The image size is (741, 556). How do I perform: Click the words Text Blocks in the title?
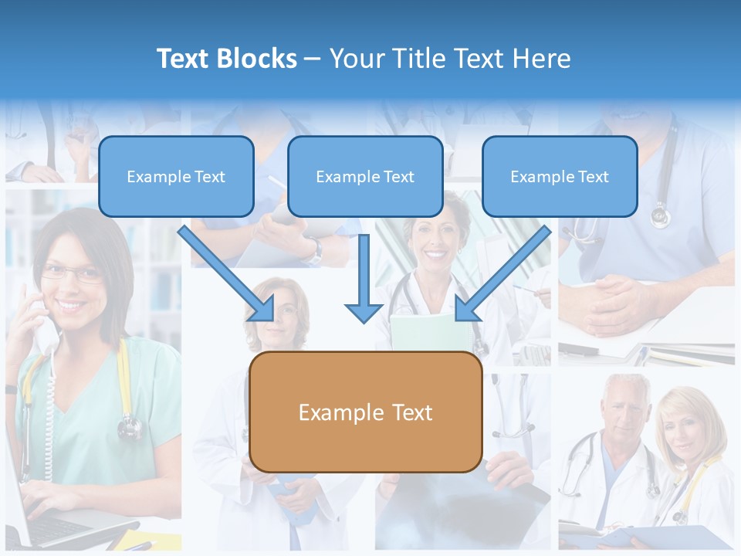tap(226, 59)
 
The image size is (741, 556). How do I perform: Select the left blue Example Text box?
tap(176, 177)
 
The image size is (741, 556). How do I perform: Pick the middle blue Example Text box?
tap(365, 177)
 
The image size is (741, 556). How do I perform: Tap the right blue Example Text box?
tap(560, 177)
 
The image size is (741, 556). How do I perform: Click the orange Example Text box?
tap(366, 412)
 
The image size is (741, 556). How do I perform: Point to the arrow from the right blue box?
tap(502, 275)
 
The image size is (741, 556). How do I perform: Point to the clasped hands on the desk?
tap(618, 306)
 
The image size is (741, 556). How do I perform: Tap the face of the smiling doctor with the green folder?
tap(434, 239)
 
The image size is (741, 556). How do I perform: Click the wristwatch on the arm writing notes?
tap(315, 249)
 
